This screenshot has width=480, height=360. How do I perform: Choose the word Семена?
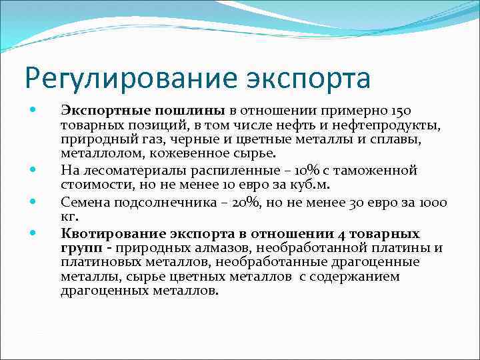coord(83,201)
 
